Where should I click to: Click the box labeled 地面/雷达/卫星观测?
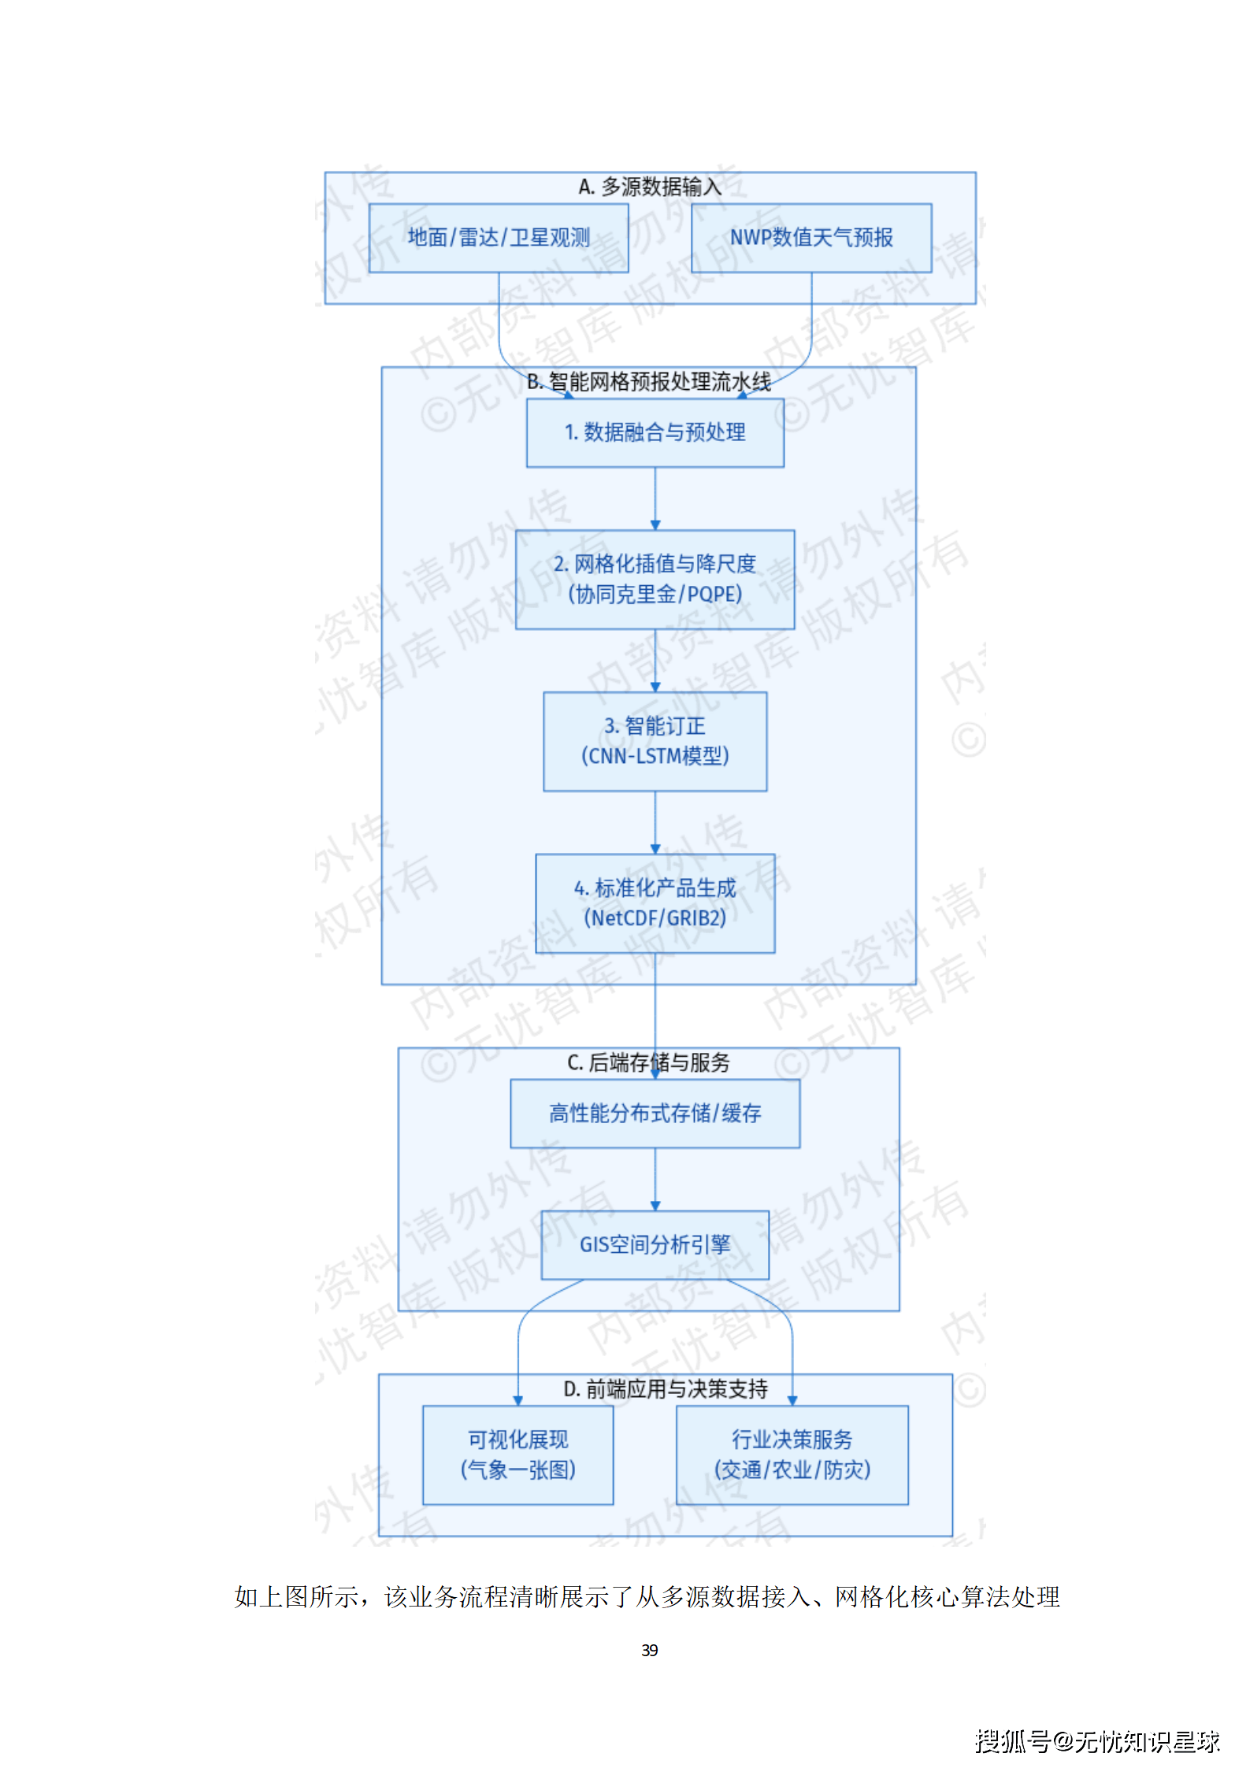(x=498, y=238)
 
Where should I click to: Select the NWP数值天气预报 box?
(x=810, y=238)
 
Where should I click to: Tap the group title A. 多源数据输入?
(x=650, y=187)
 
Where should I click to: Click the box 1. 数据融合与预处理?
(x=655, y=432)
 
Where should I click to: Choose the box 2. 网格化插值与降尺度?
(x=655, y=579)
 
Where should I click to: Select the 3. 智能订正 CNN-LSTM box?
(x=655, y=741)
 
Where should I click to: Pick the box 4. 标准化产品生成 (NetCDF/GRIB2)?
(x=655, y=903)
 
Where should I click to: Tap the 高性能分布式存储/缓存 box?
(x=655, y=1113)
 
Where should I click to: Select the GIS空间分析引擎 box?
(x=655, y=1244)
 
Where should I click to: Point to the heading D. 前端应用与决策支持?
(x=666, y=1388)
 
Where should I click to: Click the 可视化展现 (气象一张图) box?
(x=517, y=1455)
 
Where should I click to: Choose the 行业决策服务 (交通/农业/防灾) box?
(x=792, y=1455)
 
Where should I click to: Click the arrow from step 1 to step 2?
(x=655, y=499)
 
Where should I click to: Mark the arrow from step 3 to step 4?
(x=655, y=822)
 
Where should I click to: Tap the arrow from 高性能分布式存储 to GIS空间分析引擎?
(x=655, y=1179)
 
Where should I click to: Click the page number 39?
(x=650, y=1650)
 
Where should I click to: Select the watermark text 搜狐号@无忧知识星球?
(x=1096, y=1741)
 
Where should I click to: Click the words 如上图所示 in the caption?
(x=296, y=1596)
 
